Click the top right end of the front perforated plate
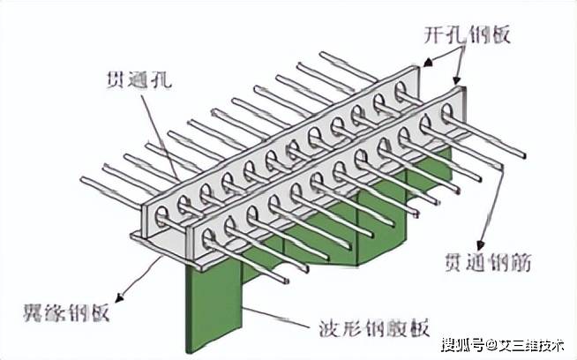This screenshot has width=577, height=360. click(x=460, y=86)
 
